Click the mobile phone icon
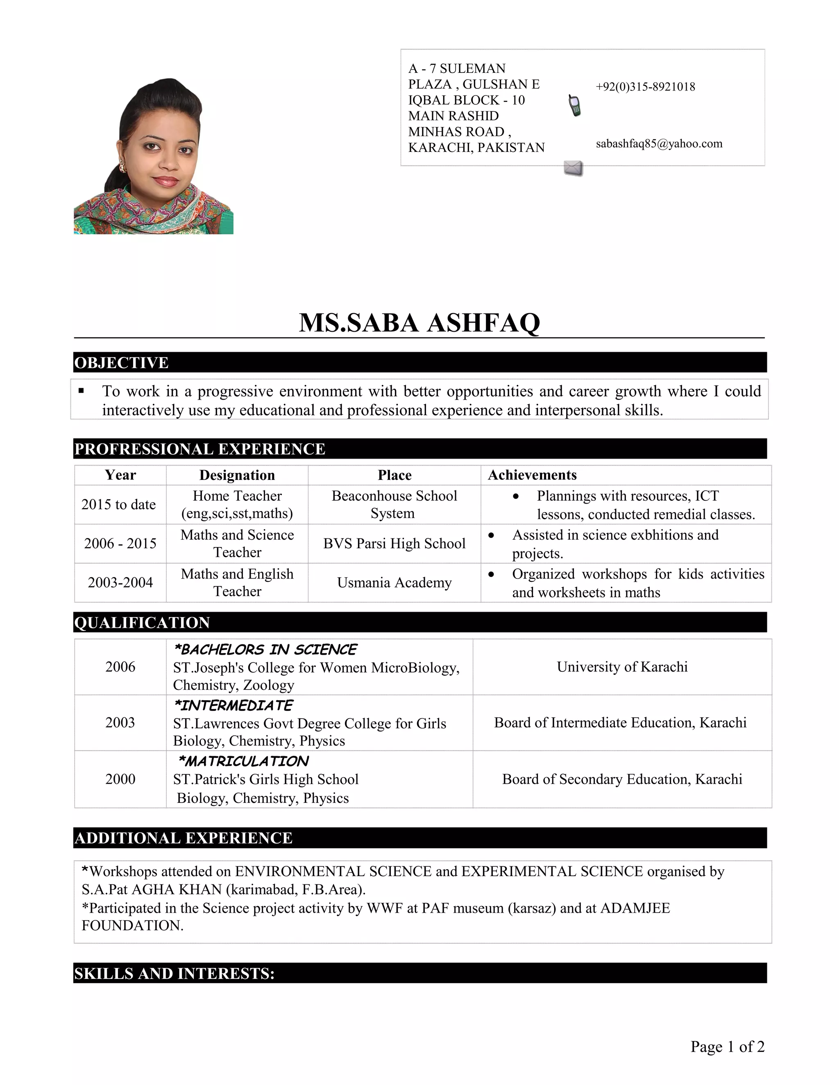[575, 106]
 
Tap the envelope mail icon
[573, 168]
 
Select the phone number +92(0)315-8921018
[645, 87]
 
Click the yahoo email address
[659, 144]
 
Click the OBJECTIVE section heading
[122, 363]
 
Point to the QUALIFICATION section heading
[142, 622]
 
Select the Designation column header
[237, 475]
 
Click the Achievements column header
[532, 475]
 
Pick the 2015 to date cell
[119, 504]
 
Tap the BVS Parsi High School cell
[394, 543]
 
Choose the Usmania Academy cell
[394, 582]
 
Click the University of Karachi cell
[622, 667]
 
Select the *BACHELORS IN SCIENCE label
[265, 650]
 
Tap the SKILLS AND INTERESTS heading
[174, 973]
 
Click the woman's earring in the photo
[122, 168]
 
